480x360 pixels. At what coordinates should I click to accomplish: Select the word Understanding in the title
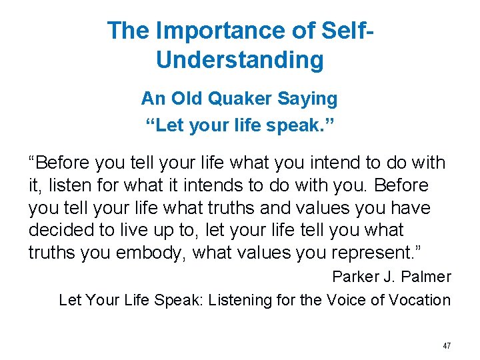[240, 60]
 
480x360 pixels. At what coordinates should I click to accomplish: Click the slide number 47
[446, 346]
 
